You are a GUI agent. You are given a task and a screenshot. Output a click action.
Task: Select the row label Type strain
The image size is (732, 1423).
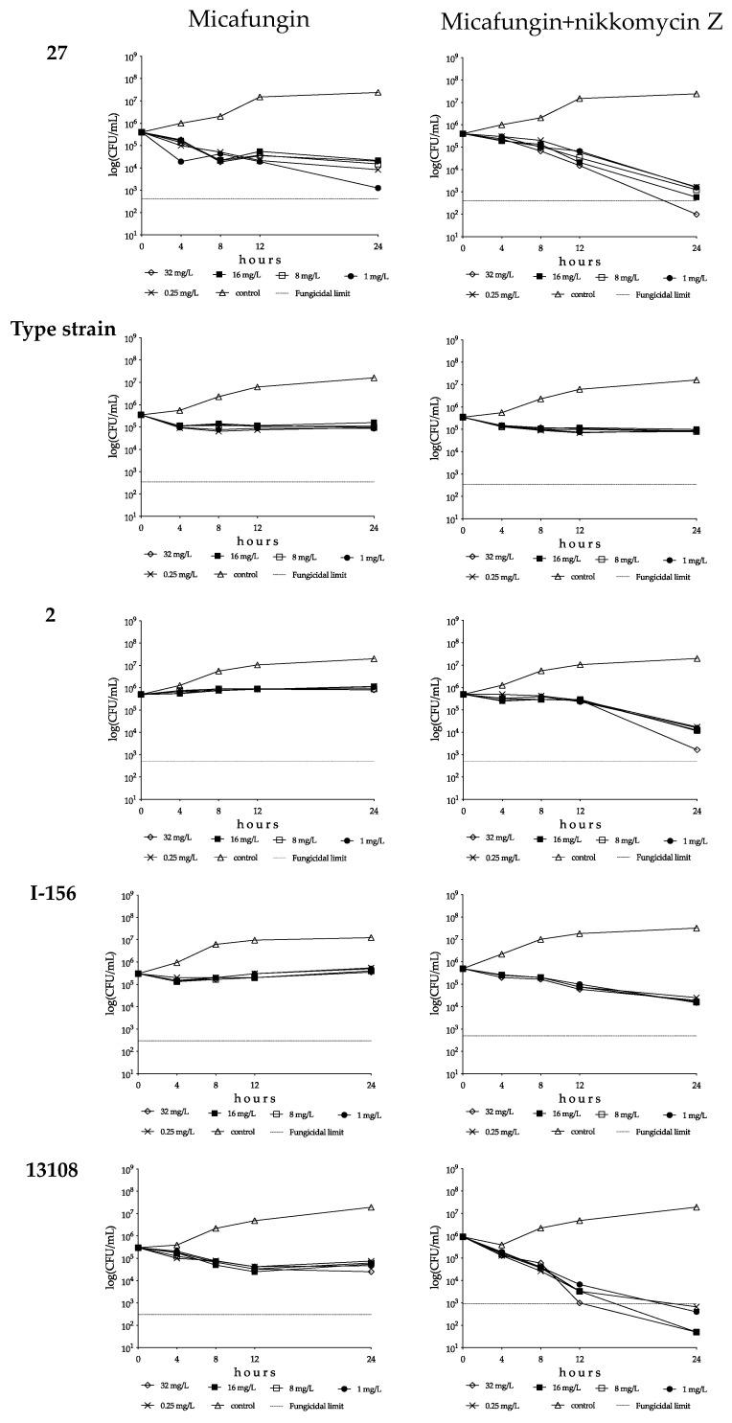click(x=63, y=330)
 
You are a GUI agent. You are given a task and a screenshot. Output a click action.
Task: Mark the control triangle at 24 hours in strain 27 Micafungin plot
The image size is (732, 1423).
click(x=377, y=93)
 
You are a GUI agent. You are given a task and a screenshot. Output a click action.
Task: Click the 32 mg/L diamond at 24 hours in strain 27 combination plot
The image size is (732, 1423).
click(x=696, y=214)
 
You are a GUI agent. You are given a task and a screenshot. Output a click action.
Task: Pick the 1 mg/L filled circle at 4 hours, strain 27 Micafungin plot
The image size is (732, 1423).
click(x=180, y=161)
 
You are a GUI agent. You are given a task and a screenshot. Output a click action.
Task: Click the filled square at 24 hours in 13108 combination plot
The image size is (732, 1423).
click(x=696, y=1332)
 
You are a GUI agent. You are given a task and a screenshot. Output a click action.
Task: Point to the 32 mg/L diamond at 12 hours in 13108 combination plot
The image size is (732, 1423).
click(x=580, y=1302)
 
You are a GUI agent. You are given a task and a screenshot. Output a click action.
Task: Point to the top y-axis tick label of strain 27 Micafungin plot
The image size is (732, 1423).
click(x=130, y=57)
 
